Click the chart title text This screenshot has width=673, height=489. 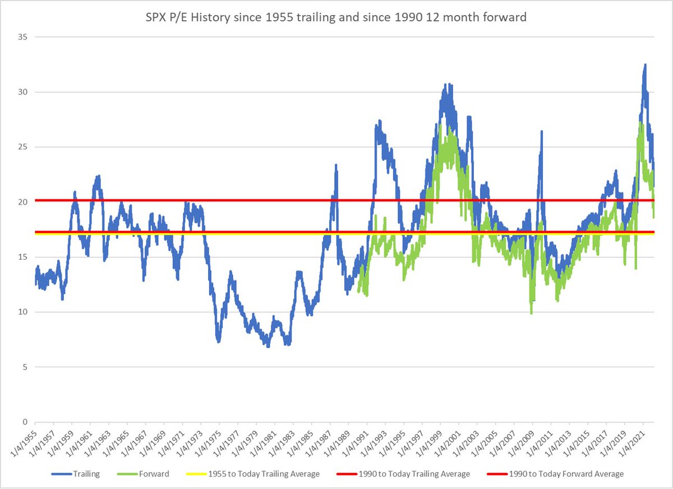click(x=336, y=17)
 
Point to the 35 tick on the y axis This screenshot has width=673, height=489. click(x=25, y=37)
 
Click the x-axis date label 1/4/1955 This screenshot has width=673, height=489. click(x=23, y=443)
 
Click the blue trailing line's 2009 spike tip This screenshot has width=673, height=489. click(x=542, y=131)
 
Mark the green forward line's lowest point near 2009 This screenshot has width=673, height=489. click(x=531, y=313)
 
